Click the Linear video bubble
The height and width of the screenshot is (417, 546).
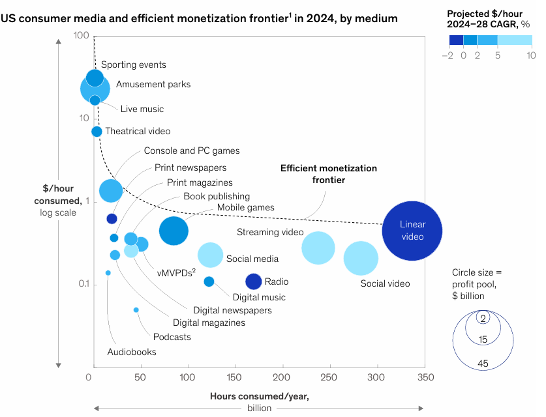[x=412, y=231]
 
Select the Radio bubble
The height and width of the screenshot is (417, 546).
[x=254, y=281]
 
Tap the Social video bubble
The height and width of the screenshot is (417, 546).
[x=361, y=258]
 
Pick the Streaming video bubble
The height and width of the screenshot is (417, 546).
[x=318, y=248]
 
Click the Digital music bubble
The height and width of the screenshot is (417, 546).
[x=209, y=281]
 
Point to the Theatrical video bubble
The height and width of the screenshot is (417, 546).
[x=97, y=132]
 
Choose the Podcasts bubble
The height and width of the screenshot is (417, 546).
[x=136, y=309]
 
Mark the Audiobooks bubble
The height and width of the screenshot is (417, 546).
[x=108, y=273]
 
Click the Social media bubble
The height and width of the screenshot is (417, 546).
[x=210, y=254]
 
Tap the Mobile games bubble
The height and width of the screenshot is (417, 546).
[x=174, y=231]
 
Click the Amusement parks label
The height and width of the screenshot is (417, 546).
[x=153, y=85]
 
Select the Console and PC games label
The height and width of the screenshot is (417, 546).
[x=192, y=151]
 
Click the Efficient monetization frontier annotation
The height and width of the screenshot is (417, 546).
[x=328, y=173]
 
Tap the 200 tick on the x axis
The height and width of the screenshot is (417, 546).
[x=282, y=377]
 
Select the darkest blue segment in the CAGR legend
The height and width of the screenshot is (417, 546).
[x=455, y=39]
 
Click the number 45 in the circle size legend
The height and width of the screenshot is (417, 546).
[x=483, y=364]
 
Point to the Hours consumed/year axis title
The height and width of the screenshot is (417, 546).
[x=259, y=396]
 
